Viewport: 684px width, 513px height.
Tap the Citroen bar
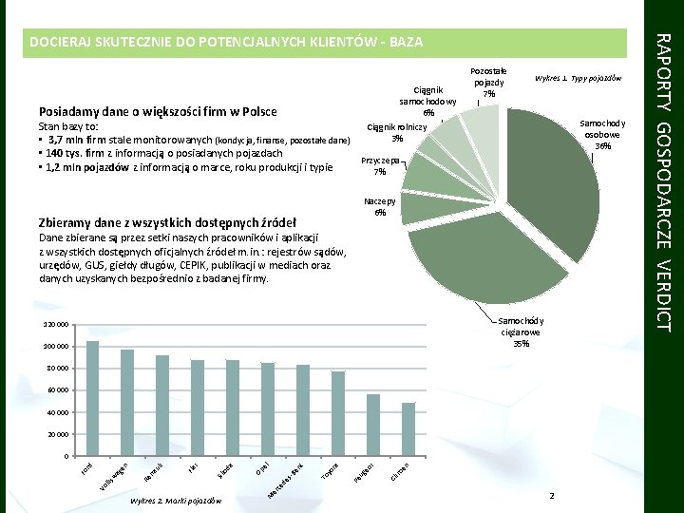point(408,429)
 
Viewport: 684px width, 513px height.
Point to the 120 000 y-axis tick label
point(56,325)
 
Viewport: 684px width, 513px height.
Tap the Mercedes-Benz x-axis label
point(284,483)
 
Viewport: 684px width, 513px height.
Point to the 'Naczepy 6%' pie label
point(380,207)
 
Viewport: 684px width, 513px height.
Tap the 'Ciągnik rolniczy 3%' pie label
point(398,132)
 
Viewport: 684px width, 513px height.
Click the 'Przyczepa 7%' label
point(379,166)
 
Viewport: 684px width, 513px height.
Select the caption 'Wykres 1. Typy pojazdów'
point(578,77)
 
